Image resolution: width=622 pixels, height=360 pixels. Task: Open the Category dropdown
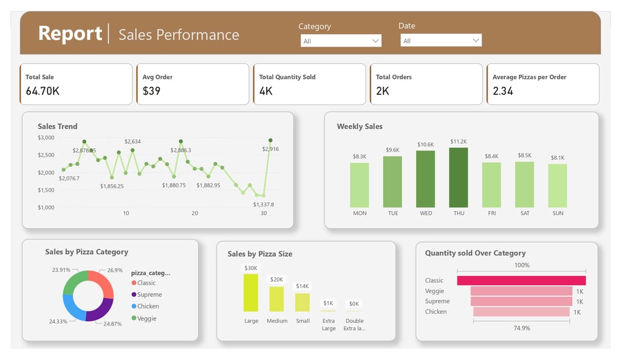[341, 41]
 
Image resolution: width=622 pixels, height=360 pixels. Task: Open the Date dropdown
[441, 41]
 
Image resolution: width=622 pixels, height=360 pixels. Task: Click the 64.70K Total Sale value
[43, 91]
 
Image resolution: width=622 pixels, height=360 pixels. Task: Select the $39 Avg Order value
[151, 91]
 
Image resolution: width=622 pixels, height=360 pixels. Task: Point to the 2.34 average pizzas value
[503, 91]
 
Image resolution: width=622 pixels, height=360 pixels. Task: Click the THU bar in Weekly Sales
[459, 178]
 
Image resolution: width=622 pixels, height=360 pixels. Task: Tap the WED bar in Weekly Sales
[426, 180]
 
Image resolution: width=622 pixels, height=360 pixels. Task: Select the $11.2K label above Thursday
[459, 141]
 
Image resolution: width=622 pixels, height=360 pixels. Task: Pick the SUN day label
[558, 213]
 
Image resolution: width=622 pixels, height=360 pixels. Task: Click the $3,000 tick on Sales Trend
[46, 138]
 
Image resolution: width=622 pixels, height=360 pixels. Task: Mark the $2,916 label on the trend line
[270, 149]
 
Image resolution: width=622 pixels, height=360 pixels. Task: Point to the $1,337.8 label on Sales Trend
[264, 205]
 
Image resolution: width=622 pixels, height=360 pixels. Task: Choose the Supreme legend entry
[149, 294]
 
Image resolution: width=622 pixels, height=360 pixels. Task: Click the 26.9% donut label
[115, 270]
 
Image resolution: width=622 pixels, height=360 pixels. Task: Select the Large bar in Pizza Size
[251, 293]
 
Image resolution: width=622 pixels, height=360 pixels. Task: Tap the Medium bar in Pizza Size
[276, 299]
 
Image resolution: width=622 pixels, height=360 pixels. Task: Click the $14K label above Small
[302, 286]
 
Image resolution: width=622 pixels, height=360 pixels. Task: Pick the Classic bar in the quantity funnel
[521, 280]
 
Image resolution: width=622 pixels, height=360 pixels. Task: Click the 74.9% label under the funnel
[521, 328]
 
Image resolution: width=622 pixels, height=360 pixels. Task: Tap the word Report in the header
[70, 33]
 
